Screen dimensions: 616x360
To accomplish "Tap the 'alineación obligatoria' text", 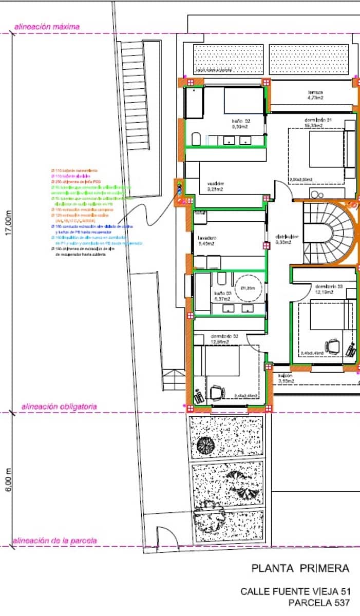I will (59, 407).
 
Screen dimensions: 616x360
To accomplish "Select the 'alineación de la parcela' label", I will (54, 541).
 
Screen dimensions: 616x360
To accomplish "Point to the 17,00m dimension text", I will (7, 223).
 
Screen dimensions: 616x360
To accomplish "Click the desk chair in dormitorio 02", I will (217, 393).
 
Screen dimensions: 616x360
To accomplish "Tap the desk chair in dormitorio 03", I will (333, 346).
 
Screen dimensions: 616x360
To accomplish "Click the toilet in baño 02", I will (196, 139).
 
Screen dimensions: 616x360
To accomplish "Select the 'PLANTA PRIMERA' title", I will (300, 568).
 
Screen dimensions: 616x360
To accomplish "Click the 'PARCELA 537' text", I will (318, 603).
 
